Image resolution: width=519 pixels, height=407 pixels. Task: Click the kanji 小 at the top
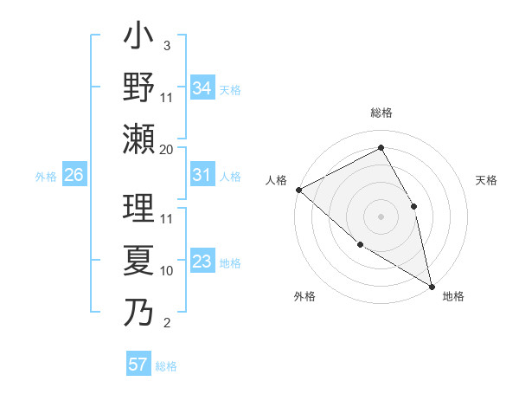tap(138, 38)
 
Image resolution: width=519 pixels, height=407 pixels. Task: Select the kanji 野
tap(138, 88)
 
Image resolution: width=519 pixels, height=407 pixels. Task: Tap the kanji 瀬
tap(138, 139)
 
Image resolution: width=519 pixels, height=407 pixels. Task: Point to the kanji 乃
tap(138, 310)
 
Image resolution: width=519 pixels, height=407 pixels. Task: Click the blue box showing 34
tap(202, 88)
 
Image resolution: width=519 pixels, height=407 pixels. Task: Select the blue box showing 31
tap(202, 176)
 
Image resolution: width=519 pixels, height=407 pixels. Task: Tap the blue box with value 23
tap(202, 262)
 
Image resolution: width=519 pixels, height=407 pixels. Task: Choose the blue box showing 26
tap(74, 176)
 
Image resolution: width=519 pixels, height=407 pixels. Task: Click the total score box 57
tap(138, 365)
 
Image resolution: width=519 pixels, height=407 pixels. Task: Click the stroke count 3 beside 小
tap(166, 45)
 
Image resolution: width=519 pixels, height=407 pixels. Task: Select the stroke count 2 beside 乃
tap(166, 324)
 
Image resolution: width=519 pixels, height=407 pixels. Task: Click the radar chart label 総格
tap(381, 113)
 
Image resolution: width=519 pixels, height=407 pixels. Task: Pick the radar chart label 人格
tap(277, 180)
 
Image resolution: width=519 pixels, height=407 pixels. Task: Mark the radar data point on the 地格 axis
tap(432, 285)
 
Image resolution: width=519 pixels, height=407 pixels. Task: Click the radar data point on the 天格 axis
tap(414, 206)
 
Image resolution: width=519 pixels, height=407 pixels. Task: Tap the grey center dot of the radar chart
tap(381, 216)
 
